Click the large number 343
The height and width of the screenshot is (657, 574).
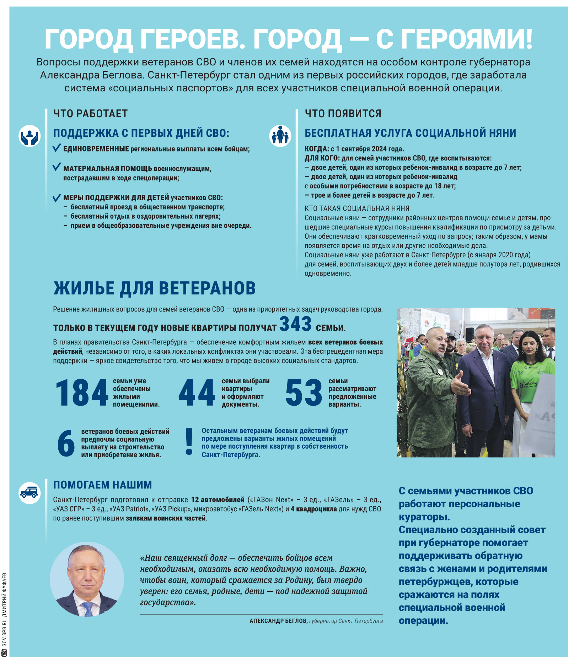tap(295, 324)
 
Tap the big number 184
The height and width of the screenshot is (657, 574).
tap(82, 392)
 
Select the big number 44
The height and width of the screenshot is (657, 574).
tap(197, 392)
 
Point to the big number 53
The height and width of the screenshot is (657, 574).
tap(304, 392)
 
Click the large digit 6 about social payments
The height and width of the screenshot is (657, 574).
tap(66, 443)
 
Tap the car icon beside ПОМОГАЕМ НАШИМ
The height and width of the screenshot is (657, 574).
tap(29, 493)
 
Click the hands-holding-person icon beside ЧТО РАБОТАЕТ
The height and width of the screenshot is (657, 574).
tap(29, 136)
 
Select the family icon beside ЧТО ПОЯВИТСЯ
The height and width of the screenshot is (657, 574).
tap(280, 136)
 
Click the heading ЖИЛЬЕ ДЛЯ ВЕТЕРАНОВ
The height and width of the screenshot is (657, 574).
tap(155, 288)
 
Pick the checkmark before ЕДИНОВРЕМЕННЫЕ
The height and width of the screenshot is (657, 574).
tap(57, 148)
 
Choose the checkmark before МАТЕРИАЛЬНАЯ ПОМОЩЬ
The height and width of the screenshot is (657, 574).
tap(57, 167)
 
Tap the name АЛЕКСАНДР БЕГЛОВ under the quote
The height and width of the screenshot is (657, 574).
tap(278, 621)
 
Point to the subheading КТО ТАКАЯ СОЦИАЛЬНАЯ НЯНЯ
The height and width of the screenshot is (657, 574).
tap(357, 208)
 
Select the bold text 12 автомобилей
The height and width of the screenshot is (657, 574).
tap(218, 500)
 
